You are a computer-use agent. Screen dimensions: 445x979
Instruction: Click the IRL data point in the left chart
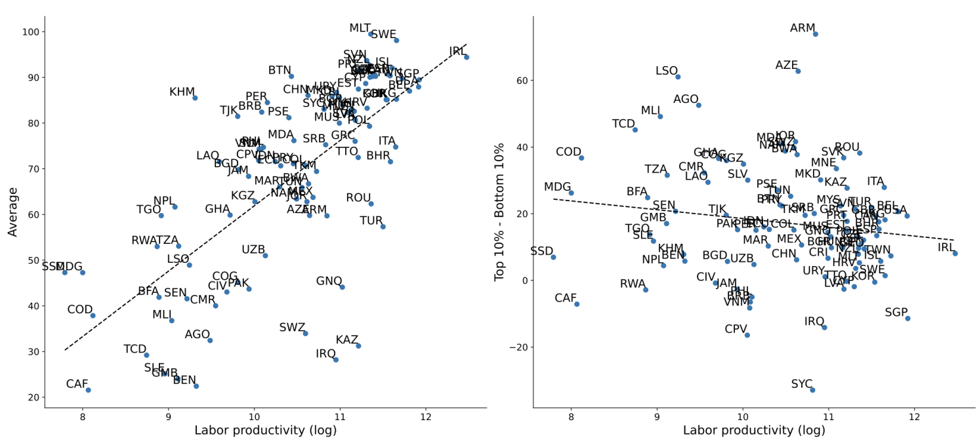coord(467,57)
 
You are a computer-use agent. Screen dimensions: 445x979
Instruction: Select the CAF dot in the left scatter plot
coord(88,390)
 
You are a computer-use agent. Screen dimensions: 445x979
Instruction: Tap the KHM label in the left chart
coord(182,92)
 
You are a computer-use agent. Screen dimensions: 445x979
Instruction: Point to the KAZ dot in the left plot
coord(358,345)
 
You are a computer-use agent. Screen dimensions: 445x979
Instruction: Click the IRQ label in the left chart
coord(325,354)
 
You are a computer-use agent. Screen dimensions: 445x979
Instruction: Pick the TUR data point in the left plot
coord(383,226)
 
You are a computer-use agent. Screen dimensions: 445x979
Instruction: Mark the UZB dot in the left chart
coord(265,256)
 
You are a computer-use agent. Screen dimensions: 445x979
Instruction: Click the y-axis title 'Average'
coord(13,212)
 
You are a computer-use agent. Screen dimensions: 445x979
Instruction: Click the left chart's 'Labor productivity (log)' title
coord(265,431)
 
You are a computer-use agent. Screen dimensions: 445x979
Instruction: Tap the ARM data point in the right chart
coord(816,34)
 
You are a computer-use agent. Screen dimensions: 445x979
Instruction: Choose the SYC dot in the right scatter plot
coord(812,390)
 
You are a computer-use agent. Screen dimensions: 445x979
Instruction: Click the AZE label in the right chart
coord(787,66)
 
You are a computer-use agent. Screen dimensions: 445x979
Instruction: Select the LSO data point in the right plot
coord(678,77)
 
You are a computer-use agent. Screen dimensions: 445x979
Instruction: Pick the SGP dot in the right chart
coord(907,319)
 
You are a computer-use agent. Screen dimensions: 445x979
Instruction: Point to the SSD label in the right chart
coord(542,251)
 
